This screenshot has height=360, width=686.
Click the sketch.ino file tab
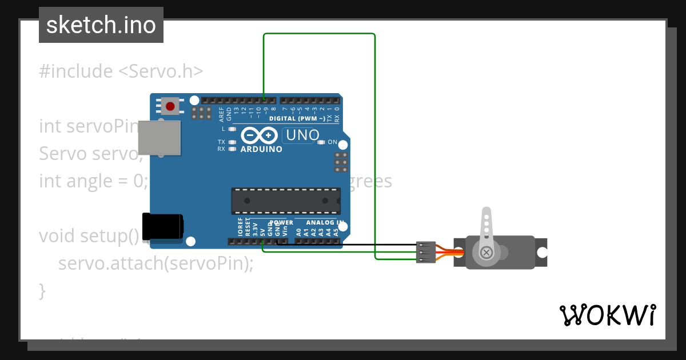click(101, 25)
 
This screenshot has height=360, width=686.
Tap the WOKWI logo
click(607, 315)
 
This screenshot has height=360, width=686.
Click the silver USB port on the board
click(159, 138)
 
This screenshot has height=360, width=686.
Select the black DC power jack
click(162, 226)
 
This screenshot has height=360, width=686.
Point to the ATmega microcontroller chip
click(286, 201)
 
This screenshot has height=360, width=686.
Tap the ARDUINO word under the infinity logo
click(261, 149)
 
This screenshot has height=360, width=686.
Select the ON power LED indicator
click(321, 142)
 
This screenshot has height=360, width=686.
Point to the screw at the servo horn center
click(486, 252)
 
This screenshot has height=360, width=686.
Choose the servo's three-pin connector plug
click(423, 252)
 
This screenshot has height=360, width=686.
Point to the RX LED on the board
click(232, 149)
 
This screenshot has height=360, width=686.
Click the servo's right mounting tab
click(541, 252)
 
